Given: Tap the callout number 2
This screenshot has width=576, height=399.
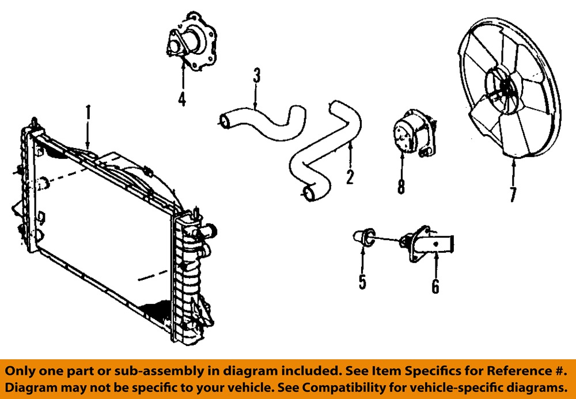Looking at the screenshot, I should click(350, 176).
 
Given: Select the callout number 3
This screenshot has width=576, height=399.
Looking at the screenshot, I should click(257, 75).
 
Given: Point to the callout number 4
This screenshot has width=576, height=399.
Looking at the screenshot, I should click(182, 99).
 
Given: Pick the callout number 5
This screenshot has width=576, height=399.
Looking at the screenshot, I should click(362, 282).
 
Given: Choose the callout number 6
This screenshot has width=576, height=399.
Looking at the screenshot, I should click(435, 285).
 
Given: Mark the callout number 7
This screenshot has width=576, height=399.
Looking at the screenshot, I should click(513, 194).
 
